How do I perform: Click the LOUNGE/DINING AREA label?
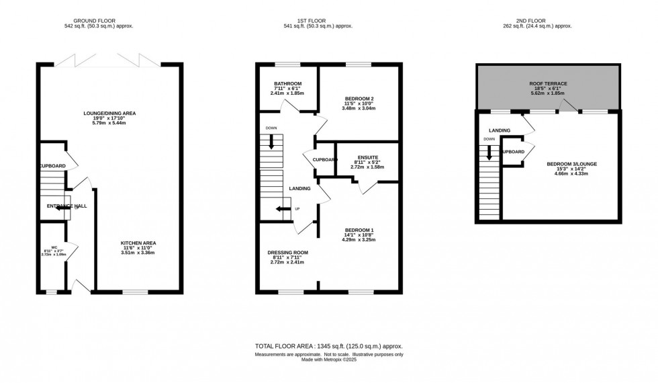tap(109, 114)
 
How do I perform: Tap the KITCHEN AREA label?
tap(138, 243)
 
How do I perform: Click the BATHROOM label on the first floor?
tap(287, 84)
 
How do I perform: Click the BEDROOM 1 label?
tap(359, 229)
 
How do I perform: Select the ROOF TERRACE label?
tap(548, 83)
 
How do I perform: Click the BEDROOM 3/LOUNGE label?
tap(561, 163)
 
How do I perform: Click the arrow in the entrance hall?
tap(62, 208)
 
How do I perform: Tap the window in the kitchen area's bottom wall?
tap(136, 292)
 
